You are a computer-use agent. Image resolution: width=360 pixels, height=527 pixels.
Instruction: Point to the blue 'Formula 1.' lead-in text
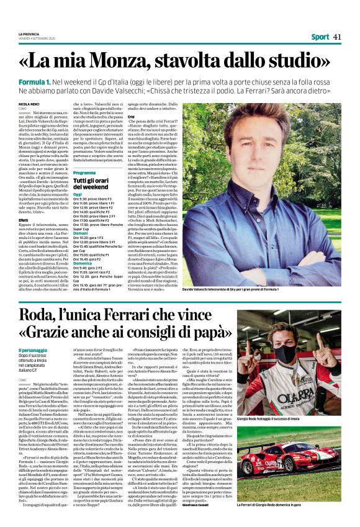34,82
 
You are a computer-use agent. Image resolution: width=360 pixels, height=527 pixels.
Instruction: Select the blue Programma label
84,172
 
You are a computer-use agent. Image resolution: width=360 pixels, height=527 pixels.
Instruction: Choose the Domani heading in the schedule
80,232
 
